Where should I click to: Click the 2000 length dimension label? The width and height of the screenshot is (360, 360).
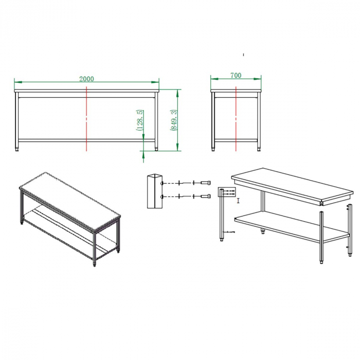click(86, 79)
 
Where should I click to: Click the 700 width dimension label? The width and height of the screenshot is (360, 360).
click(236, 75)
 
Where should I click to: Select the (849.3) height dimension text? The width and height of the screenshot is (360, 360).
click(174, 120)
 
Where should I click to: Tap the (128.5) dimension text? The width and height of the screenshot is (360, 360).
click(140, 120)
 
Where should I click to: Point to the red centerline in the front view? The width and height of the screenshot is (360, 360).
click(86, 119)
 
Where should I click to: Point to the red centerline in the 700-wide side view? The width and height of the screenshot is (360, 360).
click(236, 119)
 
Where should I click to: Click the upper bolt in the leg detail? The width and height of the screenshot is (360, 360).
click(206, 183)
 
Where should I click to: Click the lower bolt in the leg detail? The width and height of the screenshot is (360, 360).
click(206, 196)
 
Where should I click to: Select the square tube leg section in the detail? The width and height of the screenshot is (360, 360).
click(155, 191)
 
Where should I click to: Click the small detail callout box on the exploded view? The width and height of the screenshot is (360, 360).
click(227, 192)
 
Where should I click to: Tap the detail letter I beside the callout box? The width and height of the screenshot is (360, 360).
click(238, 201)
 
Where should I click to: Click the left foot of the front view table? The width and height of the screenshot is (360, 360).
click(17, 149)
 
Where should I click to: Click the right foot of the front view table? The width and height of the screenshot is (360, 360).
click(156, 149)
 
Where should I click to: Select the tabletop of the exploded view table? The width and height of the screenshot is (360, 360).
click(292, 186)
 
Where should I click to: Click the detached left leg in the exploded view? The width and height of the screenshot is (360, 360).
click(222, 214)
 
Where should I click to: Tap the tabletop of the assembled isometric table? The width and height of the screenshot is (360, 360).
click(70, 202)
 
